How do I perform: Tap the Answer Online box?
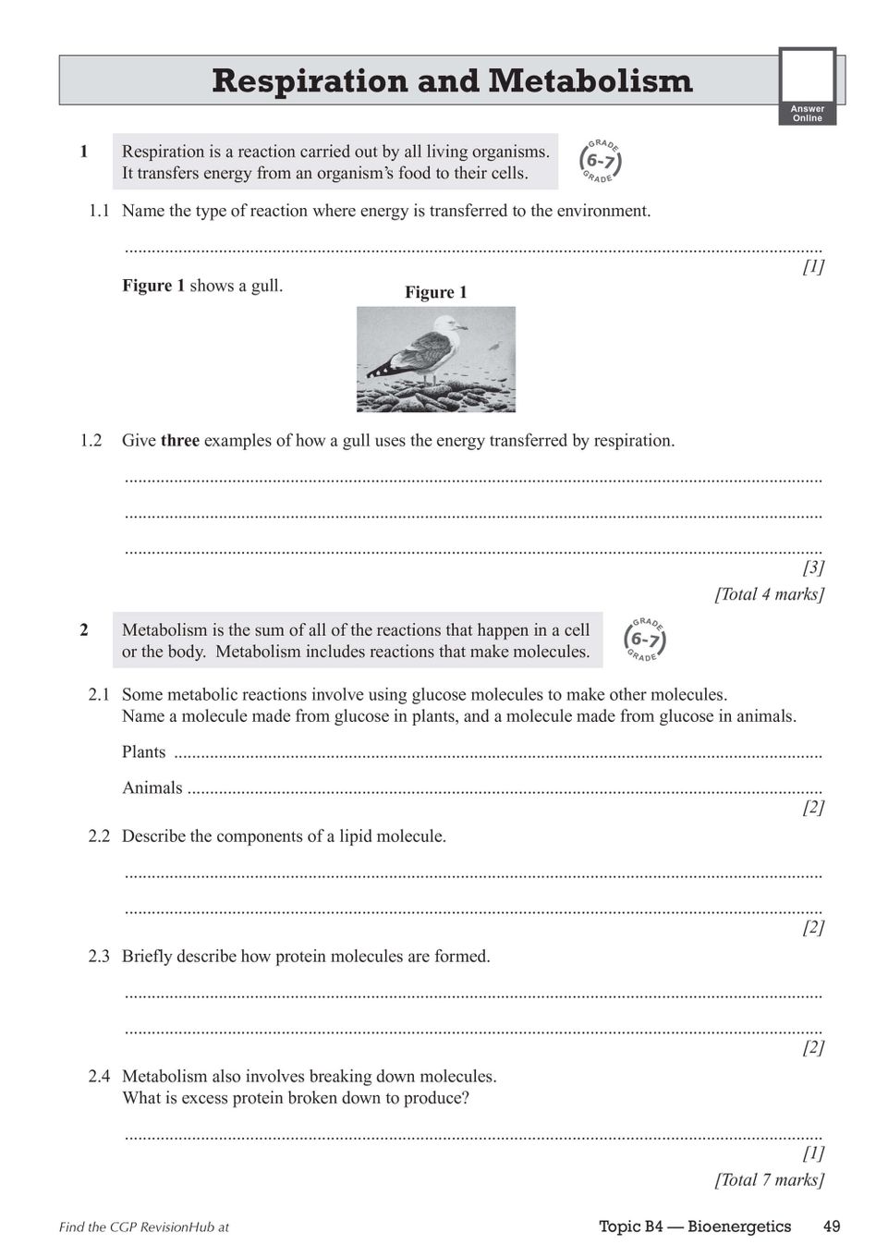click(807, 86)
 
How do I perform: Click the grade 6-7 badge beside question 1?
click(600, 162)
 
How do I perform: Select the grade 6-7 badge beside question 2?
click(645, 640)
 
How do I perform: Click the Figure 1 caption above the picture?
click(436, 292)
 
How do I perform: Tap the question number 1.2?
click(91, 441)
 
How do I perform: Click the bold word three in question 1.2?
click(180, 441)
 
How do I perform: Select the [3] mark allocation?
click(813, 567)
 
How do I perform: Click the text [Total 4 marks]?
click(769, 594)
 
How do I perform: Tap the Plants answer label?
click(143, 752)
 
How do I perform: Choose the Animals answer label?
click(152, 788)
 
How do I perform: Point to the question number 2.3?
click(99, 957)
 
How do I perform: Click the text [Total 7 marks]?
click(769, 1180)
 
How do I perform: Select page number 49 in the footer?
click(831, 1226)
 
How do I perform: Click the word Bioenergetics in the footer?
click(739, 1226)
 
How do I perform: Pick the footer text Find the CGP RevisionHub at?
click(144, 1227)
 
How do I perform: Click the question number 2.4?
click(99, 1077)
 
